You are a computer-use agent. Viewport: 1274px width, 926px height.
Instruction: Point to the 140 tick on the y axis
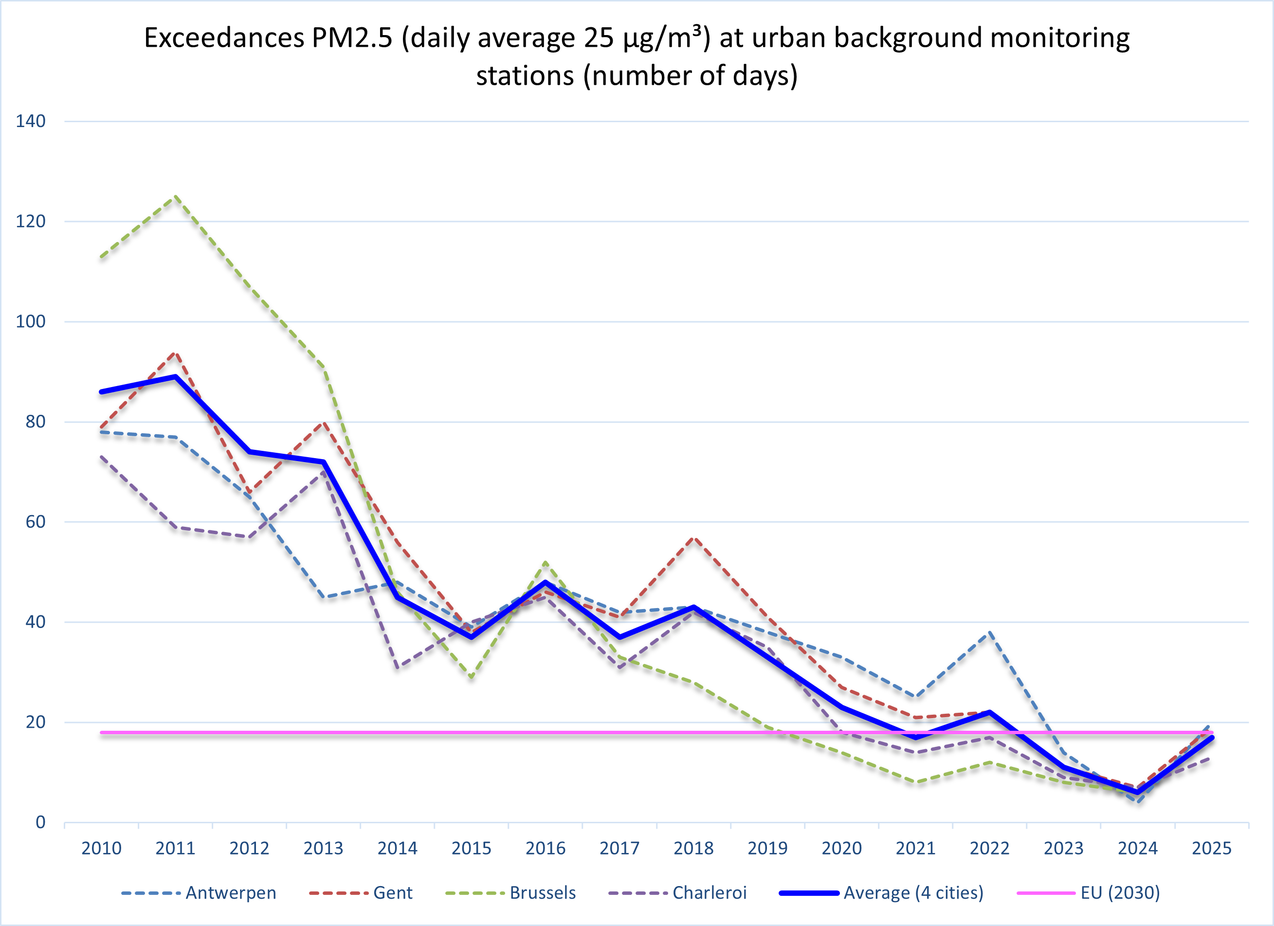click(x=30, y=121)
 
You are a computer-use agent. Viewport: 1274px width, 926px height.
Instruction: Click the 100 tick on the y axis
click(x=30, y=321)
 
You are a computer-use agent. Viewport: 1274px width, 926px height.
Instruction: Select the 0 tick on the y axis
click(x=40, y=823)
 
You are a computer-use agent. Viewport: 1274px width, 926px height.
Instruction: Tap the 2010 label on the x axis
click(x=101, y=848)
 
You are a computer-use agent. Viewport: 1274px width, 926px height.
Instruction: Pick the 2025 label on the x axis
click(x=1212, y=848)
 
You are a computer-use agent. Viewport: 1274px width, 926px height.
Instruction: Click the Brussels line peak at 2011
click(x=176, y=196)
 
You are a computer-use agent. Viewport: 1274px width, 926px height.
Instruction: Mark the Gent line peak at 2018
click(x=694, y=537)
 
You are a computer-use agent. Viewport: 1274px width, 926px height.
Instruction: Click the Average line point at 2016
click(x=546, y=582)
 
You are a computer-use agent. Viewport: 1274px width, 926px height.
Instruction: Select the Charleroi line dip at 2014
click(x=398, y=667)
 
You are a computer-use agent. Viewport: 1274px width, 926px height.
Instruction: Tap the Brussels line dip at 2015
click(x=471, y=677)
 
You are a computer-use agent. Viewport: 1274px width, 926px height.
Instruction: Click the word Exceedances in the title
click(x=223, y=38)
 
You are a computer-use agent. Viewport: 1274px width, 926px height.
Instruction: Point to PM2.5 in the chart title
click(x=352, y=38)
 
